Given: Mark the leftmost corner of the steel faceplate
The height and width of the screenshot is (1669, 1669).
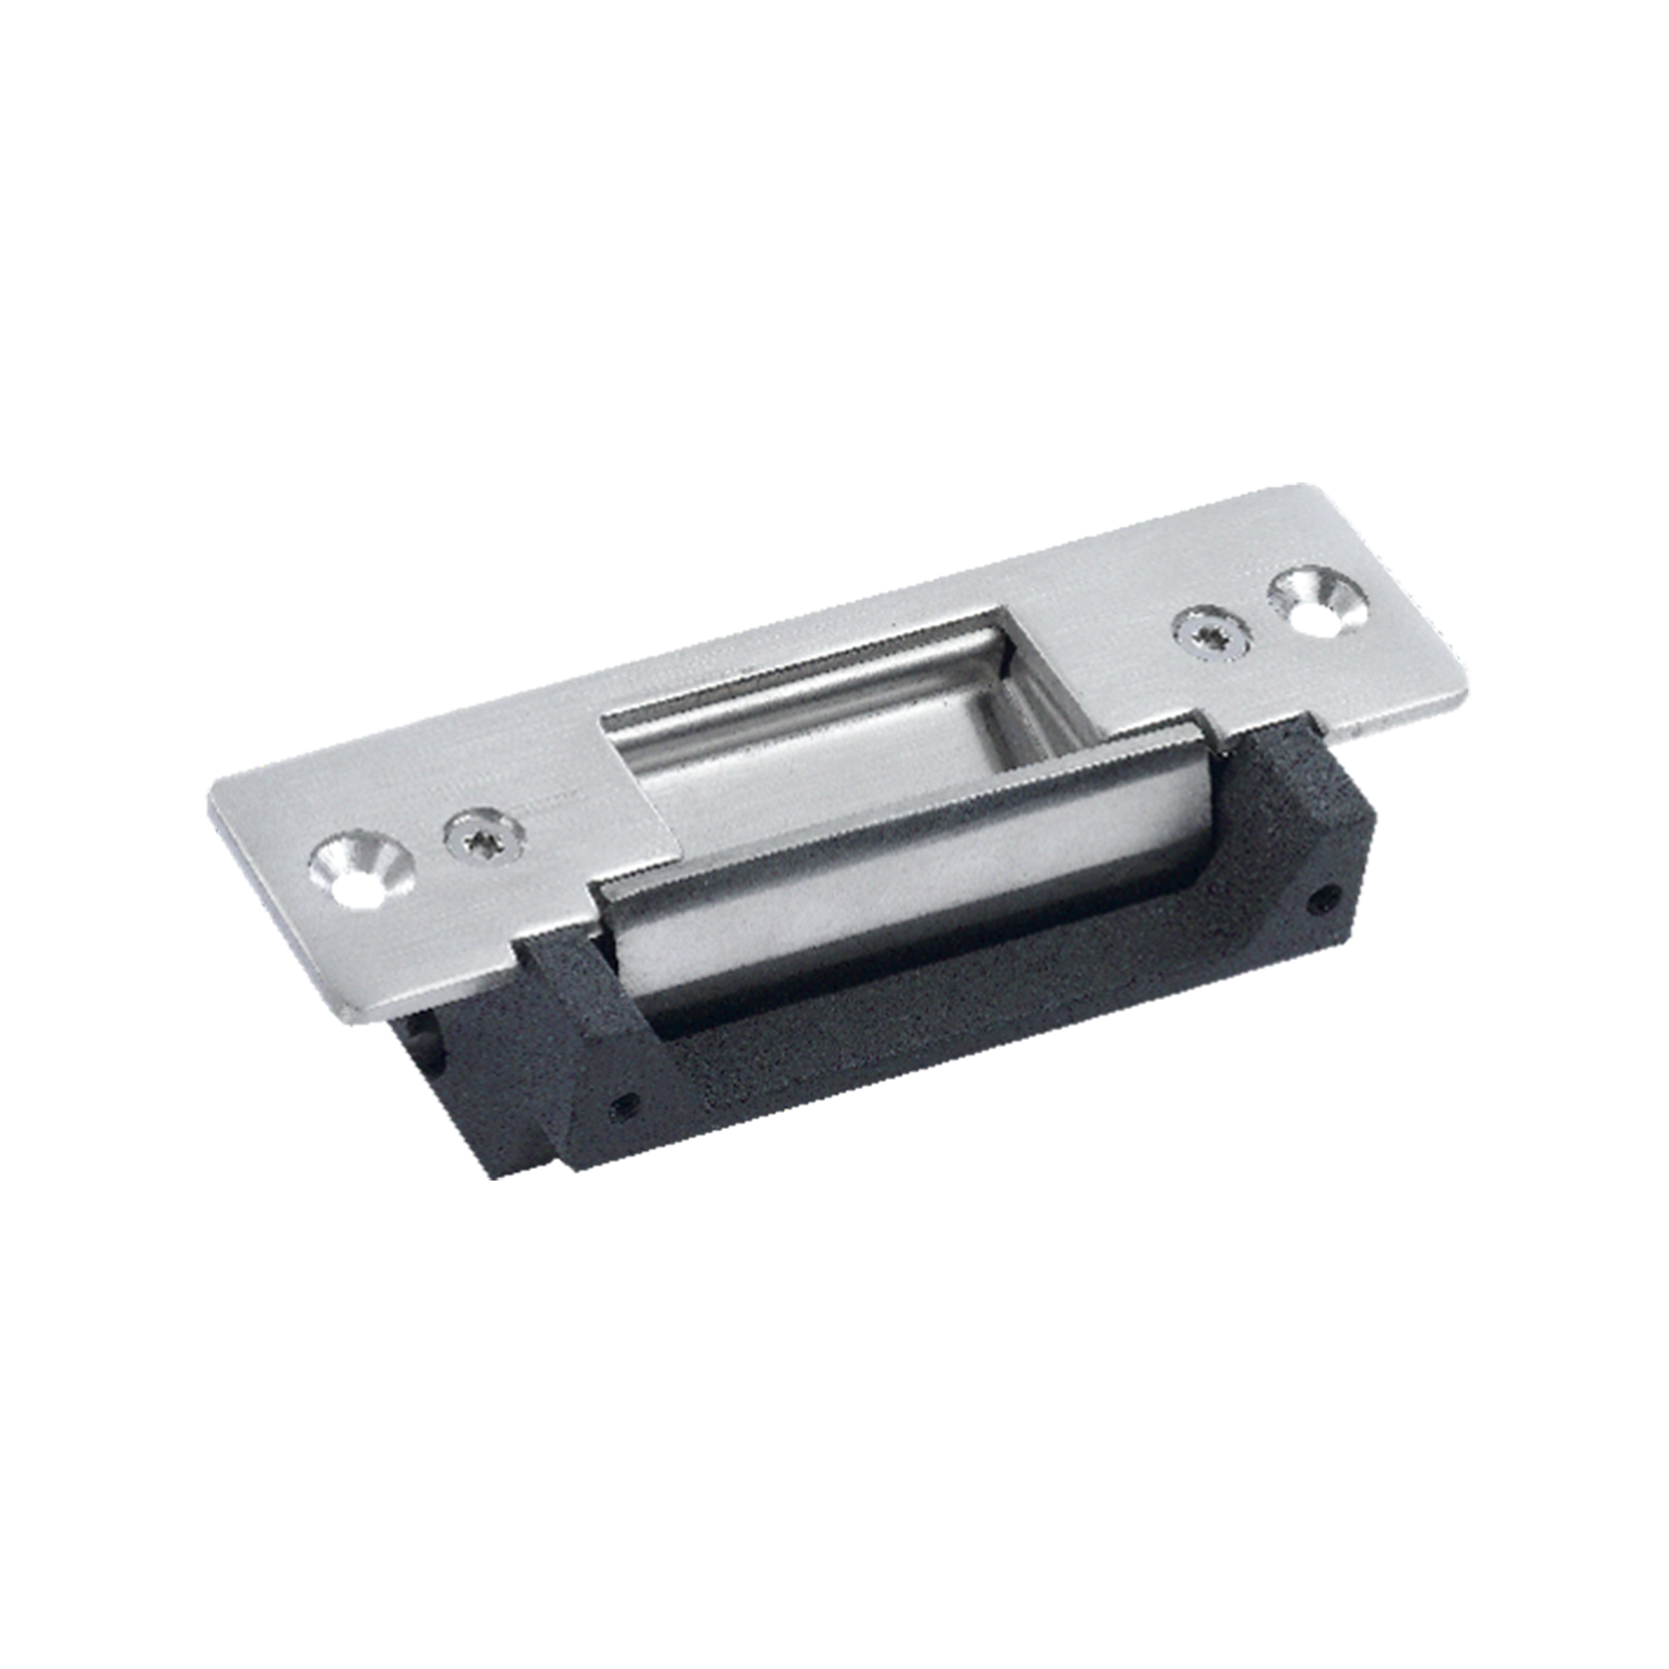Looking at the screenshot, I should click(208, 795).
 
